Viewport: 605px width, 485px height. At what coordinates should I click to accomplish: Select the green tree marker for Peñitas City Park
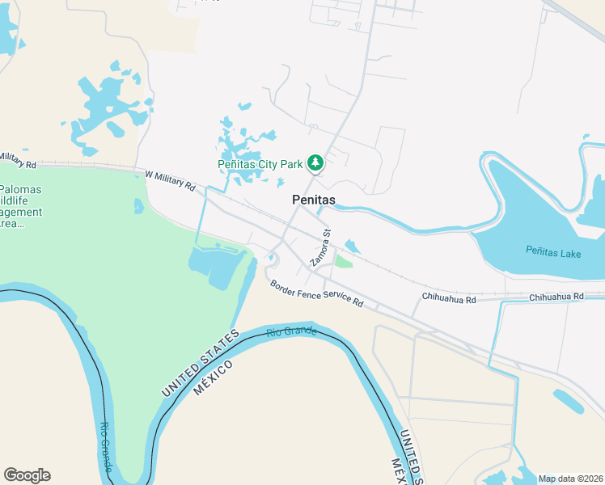[x=315, y=164]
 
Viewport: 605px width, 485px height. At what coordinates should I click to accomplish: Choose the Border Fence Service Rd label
[x=316, y=293]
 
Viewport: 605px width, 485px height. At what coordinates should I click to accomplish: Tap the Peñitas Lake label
[x=552, y=253]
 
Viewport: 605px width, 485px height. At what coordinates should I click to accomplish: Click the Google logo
[x=27, y=474]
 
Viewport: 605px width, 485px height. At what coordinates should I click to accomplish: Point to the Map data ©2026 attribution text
[x=570, y=479]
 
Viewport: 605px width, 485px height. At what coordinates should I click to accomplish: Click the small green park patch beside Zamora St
[x=344, y=261]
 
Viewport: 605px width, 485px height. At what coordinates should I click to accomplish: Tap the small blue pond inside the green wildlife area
[x=139, y=206]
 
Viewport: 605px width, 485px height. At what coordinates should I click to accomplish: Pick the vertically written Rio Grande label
[x=104, y=448]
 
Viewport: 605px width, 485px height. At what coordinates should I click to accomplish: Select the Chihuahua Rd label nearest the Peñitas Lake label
[x=556, y=297]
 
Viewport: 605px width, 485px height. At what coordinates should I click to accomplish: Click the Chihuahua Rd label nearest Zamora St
[x=449, y=298]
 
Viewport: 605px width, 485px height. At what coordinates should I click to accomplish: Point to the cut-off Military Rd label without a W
[x=18, y=159]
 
